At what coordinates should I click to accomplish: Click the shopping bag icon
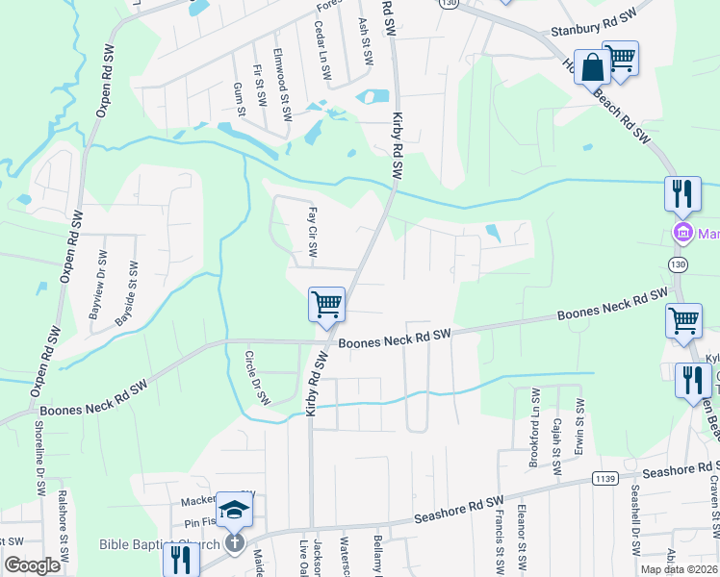[591, 69]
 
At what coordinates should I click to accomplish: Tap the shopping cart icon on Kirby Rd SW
[326, 305]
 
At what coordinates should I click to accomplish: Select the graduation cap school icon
[234, 510]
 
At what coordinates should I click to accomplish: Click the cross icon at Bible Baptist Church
[232, 543]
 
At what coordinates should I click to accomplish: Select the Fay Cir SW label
[312, 231]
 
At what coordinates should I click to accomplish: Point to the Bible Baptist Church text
[159, 544]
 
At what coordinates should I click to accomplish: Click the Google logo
[32, 565]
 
